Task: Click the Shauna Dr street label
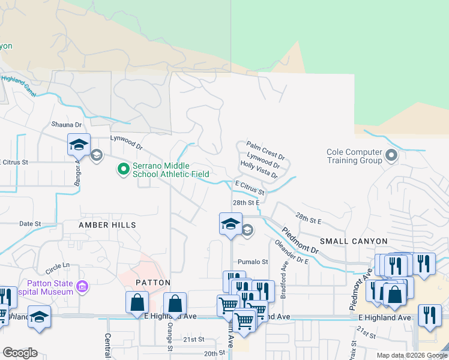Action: point(65,124)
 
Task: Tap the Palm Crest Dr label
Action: point(265,149)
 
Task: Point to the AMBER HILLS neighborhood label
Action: point(107,224)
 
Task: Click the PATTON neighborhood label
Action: point(152,282)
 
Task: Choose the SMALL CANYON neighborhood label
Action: point(353,241)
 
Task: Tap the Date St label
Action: point(29,223)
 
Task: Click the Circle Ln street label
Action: point(58,265)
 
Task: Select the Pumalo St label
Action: point(253,262)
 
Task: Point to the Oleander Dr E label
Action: point(291,252)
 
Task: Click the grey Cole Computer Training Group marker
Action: point(391,157)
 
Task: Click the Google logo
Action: point(20,353)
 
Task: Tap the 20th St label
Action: point(212,354)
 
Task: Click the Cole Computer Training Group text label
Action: point(354,157)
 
